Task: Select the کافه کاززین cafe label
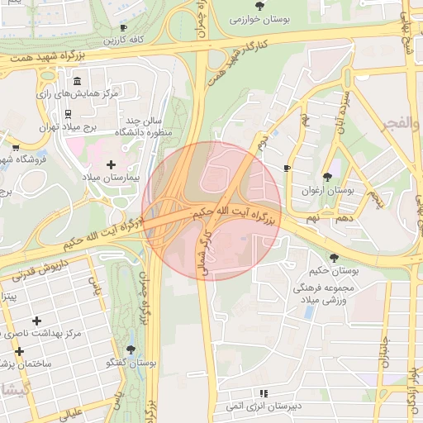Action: (124, 40)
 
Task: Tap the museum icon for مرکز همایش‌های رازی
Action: (77, 83)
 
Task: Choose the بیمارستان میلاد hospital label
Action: (112, 178)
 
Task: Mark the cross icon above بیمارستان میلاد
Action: (112, 165)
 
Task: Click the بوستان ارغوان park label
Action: (328, 189)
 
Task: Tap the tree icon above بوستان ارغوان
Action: (328, 177)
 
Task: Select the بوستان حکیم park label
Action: (334, 270)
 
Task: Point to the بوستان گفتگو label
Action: (132, 363)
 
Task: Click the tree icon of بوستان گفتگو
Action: (132, 351)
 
